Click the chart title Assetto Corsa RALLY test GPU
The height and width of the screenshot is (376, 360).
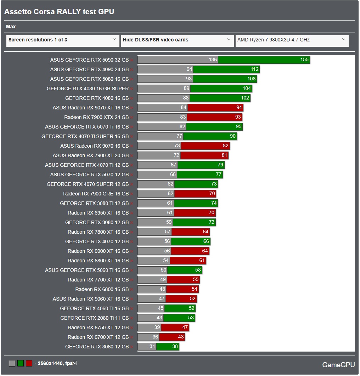point(59,12)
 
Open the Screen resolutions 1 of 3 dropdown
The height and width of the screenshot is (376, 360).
point(63,40)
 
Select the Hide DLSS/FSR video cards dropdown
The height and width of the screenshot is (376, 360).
point(177,40)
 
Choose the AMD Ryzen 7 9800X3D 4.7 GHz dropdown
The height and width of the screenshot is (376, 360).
point(292,40)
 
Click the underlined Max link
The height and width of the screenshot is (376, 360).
point(11,27)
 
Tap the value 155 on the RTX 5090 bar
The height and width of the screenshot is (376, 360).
point(304,60)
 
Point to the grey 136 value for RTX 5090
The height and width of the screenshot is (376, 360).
point(213,60)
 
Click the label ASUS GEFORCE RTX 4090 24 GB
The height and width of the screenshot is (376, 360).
point(89,70)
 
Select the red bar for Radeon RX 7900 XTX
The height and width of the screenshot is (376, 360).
point(214,117)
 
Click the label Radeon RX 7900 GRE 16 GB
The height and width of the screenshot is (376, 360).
point(96,194)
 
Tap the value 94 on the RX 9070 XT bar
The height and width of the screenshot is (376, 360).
point(239,108)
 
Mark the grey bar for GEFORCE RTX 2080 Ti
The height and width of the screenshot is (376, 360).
point(150,318)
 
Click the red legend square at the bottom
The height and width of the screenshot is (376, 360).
point(29,363)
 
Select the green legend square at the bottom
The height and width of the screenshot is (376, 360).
point(21,363)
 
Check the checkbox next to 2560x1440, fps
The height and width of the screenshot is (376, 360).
point(75,363)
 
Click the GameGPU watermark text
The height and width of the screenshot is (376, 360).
point(338,365)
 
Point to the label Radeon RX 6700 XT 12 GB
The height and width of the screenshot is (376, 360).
point(98,337)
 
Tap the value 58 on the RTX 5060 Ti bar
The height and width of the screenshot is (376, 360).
point(198,270)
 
